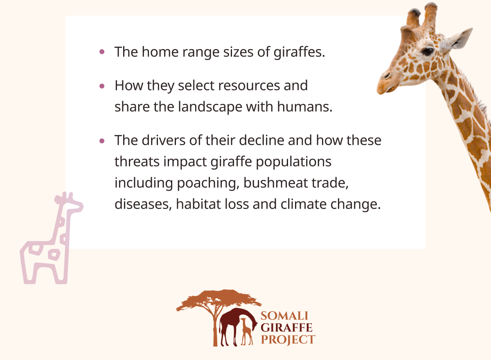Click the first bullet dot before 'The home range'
(x=102, y=52)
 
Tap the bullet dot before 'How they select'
(x=102, y=86)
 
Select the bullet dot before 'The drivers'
(x=102, y=141)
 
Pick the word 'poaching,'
(x=208, y=183)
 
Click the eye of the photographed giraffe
(x=427, y=52)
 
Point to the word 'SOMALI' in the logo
(x=284, y=316)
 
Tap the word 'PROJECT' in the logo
(x=288, y=340)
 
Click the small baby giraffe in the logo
(x=246, y=331)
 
